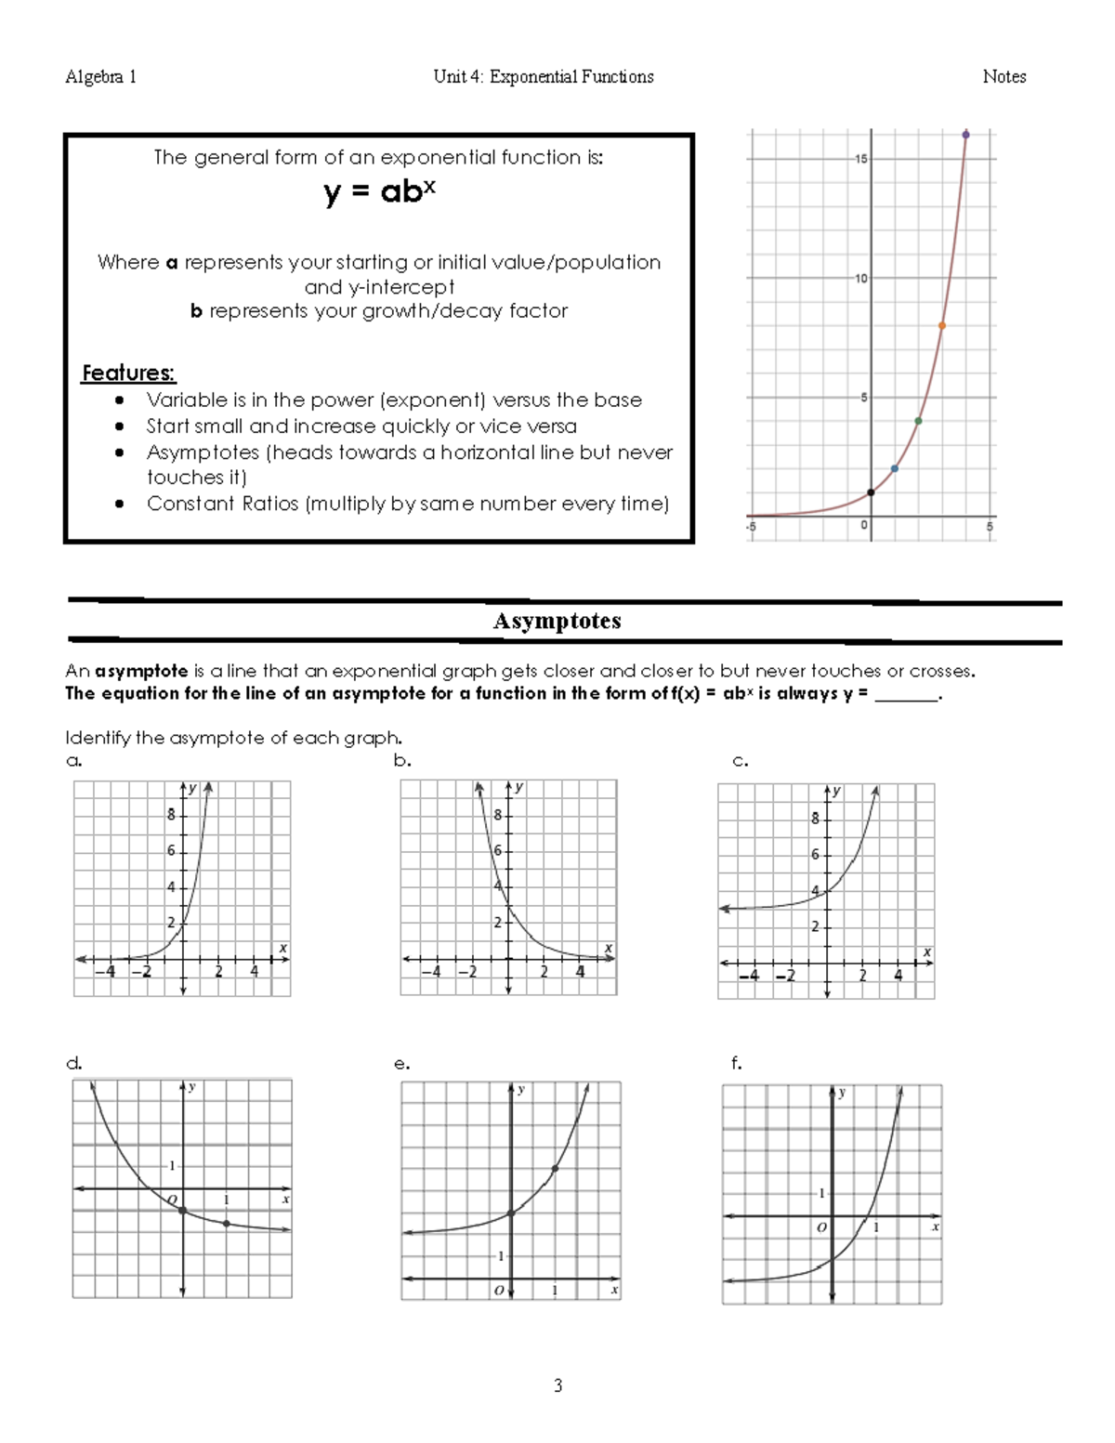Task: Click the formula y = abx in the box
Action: tap(380, 191)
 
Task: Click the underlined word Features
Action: tap(128, 373)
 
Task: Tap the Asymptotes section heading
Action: tap(557, 621)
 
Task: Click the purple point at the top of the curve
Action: tap(965, 135)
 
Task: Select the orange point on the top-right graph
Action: tap(941, 326)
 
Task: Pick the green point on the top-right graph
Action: tap(918, 421)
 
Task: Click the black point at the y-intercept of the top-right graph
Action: tap(871, 492)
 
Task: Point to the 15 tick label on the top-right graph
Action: tap(861, 159)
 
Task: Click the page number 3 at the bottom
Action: tap(557, 1385)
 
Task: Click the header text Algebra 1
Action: tap(100, 77)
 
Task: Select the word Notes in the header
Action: tap(1003, 77)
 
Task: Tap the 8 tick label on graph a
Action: tap(171, 815)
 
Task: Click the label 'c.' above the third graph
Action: tap(740, 761)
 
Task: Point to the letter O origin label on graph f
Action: tap(821, 1227)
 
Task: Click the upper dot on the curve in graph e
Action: tap(555, 1168)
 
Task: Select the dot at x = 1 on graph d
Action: tap(227, 1224)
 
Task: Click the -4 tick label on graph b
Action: tap(431, 973)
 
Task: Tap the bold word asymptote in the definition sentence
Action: tap(141, 671)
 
